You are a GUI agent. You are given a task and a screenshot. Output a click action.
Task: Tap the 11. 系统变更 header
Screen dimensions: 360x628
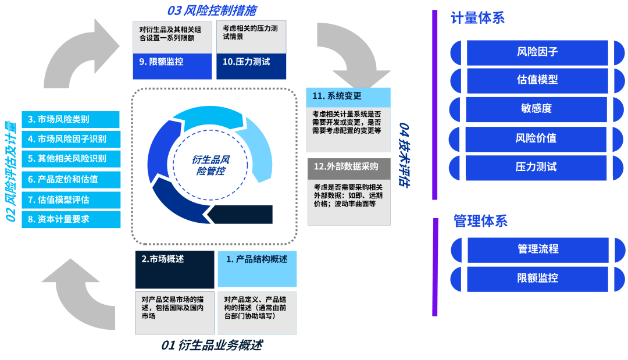point(348,97)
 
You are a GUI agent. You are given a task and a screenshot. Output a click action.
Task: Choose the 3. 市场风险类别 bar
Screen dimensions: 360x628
point(70,120)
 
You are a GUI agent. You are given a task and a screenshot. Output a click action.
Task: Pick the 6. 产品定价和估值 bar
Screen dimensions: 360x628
point(70,179)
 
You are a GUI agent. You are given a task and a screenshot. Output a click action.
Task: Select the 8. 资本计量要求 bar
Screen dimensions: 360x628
point(70,219)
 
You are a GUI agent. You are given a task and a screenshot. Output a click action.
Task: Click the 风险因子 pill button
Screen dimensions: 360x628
point(537,52)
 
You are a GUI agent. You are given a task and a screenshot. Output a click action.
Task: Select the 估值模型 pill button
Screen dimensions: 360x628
point(537,80)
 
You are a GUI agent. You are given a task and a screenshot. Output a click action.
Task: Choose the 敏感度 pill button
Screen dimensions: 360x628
point(537,108)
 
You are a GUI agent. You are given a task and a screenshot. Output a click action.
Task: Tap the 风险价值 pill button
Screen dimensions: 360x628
point(537,138)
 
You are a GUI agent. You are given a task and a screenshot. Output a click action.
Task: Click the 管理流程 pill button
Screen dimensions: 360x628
point(537,249)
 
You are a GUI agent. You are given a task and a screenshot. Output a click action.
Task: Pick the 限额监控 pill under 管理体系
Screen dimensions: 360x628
point(537,278)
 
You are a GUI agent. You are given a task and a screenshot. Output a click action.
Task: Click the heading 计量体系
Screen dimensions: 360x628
point(477,18)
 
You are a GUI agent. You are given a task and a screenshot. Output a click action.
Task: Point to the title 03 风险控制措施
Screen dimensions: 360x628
point(212,10)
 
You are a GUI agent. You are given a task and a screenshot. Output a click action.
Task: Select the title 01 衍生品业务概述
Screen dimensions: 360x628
point(212,345)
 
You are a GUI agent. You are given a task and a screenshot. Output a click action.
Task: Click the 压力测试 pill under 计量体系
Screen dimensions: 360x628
point(537,167)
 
